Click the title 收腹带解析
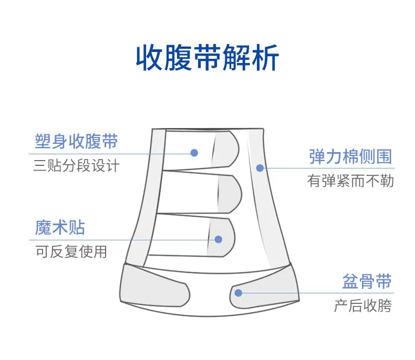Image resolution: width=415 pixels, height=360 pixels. tap(207, 59)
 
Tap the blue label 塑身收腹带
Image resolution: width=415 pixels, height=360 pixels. tap(76, 142)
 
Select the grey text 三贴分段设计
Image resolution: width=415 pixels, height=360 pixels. tap(77, 166)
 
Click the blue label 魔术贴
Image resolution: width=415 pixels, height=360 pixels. tap(60, 228)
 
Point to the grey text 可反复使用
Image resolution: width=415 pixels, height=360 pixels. tap(71, 252)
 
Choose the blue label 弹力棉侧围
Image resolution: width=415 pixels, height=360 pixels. tap(350, 156)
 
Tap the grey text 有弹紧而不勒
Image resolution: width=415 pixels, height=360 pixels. tap(350, 181)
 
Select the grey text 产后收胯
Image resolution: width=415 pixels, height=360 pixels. tap(363, 306)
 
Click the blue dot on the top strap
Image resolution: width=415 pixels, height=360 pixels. tap(194, 153)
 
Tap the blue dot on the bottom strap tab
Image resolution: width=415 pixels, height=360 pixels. tap(219, 239)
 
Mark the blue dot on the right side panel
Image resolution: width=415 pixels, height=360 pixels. tap(259, 168)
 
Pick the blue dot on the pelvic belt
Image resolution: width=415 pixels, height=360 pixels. tap(238, 292)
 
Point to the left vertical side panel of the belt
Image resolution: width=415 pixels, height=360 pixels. tap(142, 194)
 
